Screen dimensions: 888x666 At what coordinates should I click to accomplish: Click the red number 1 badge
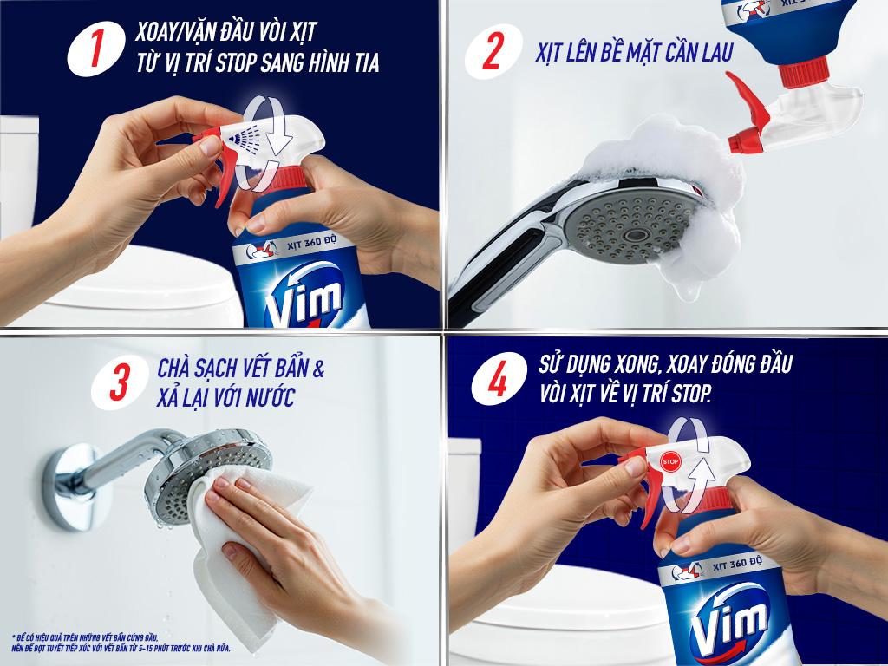(96, 49)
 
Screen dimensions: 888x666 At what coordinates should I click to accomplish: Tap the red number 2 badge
(493, 51)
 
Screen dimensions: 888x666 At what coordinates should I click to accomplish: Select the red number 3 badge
(120, 382)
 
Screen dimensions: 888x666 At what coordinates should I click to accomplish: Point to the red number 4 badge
(499, 379)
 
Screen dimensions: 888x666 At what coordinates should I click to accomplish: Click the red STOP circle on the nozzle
(670, 461)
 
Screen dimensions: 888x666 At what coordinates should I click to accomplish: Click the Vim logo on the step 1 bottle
(304, 297)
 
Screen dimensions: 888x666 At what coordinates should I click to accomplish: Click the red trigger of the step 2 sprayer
(748, 100)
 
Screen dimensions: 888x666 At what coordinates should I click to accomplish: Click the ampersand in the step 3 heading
(318, 369)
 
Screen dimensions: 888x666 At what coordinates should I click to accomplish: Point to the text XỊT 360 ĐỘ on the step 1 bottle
(311, 243)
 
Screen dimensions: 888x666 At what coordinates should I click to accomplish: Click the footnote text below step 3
(121, 643)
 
